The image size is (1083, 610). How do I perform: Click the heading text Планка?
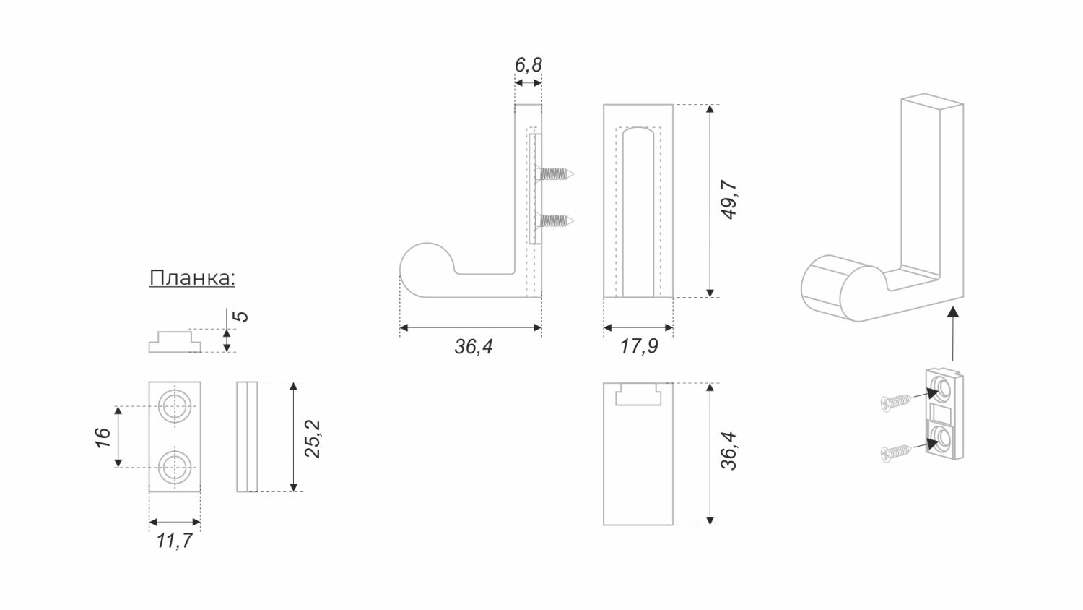(x=192, y=278)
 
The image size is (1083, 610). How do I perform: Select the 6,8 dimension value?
(x=528, y=65)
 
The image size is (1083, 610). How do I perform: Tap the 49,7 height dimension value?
(x=729, y=200)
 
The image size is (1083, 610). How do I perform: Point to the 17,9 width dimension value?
(x=638, y=347)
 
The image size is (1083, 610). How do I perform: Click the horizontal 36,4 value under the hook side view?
(x=473, y=347)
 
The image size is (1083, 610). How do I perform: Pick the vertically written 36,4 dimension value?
(x=729, y=451)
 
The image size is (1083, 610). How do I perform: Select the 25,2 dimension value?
(x=312, y=438)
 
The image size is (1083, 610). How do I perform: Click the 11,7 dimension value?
(x=174, y=540)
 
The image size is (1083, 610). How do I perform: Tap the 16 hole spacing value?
(x=103, y=437)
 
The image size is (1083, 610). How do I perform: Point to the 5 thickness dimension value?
(x=243, y=317)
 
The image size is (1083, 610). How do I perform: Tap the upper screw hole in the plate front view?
(x=174, y=407)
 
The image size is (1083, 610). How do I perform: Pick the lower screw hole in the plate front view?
(x=174, y=466)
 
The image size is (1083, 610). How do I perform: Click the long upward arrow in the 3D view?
(x=953, y=332)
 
